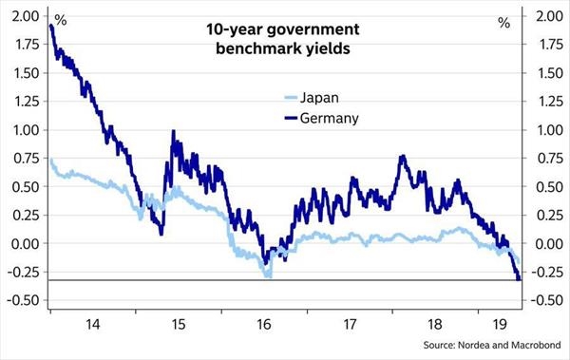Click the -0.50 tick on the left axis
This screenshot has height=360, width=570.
(24, 301)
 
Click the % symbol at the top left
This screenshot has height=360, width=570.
(61, 20)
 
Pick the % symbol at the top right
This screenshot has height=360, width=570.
(503, 20)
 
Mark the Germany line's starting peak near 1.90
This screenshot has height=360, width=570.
(50, 27)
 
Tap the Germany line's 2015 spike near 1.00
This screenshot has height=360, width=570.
(173, 132)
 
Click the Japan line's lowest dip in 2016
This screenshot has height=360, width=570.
(270, 275)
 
